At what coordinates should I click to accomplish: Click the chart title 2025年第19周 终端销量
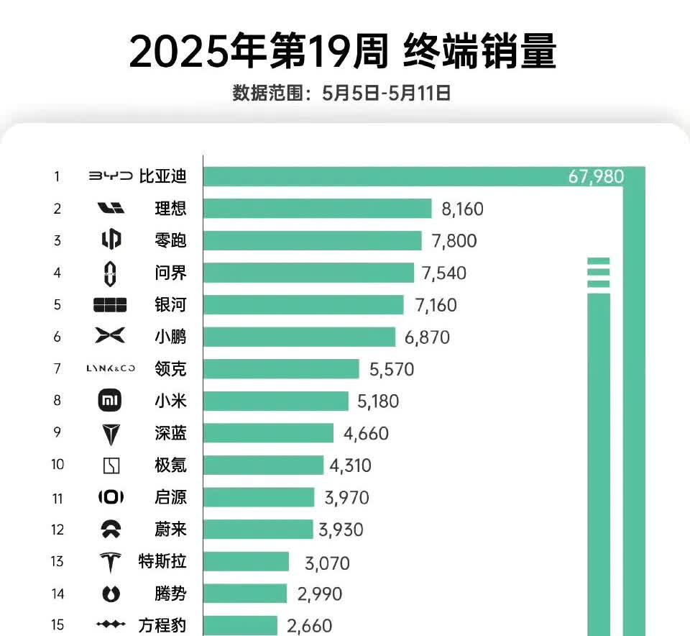[x=343, y=52]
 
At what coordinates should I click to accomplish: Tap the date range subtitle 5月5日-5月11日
[x=341, y=93]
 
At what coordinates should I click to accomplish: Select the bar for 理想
[x=317, y=209]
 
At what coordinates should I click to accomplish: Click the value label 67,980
[x=596, y=177]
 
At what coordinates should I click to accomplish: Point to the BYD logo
[x=111, y=176]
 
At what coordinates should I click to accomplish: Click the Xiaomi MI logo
[x=110, y=401]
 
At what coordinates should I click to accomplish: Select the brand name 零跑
[x=170, y=240]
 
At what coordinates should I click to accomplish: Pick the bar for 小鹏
[x=299, y=337]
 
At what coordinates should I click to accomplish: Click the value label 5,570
[x=392, y=369]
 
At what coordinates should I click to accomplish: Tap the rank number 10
[x=57, y=465]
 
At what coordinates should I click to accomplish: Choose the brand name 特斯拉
[x=162, y=561]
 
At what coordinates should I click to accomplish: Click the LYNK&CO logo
[x=110, y=369]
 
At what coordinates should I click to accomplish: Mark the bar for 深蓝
[x=268, y=433]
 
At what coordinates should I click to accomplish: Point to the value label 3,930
[x=341, y=530]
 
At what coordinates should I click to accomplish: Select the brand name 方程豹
[x=162, y=624]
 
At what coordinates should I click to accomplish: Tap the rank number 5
[x=57, y=305]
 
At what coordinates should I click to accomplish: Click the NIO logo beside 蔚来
[x=111, y=530]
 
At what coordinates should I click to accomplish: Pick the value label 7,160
[x=436, y=305]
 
